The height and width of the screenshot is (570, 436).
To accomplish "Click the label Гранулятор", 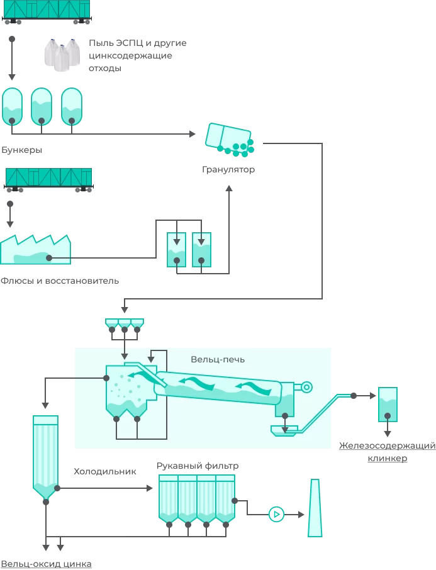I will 228,170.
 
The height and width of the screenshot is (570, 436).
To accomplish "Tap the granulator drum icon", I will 230,139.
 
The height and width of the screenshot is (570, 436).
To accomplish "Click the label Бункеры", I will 22,151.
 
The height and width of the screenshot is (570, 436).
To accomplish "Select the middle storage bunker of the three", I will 42,106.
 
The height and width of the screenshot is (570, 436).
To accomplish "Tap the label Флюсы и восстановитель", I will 60,281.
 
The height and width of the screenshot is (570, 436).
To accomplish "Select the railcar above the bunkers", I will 47,11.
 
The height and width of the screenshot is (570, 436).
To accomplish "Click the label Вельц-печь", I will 218,359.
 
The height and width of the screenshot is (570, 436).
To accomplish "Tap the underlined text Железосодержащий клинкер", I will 387,452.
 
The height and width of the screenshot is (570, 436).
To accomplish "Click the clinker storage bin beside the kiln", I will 387,405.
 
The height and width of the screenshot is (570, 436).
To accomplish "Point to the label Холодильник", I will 104,471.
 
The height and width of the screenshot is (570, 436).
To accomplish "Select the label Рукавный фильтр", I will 198,466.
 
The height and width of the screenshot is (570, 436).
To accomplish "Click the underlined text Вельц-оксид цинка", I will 46,564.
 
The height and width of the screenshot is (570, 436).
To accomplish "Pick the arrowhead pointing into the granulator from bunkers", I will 193,133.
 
